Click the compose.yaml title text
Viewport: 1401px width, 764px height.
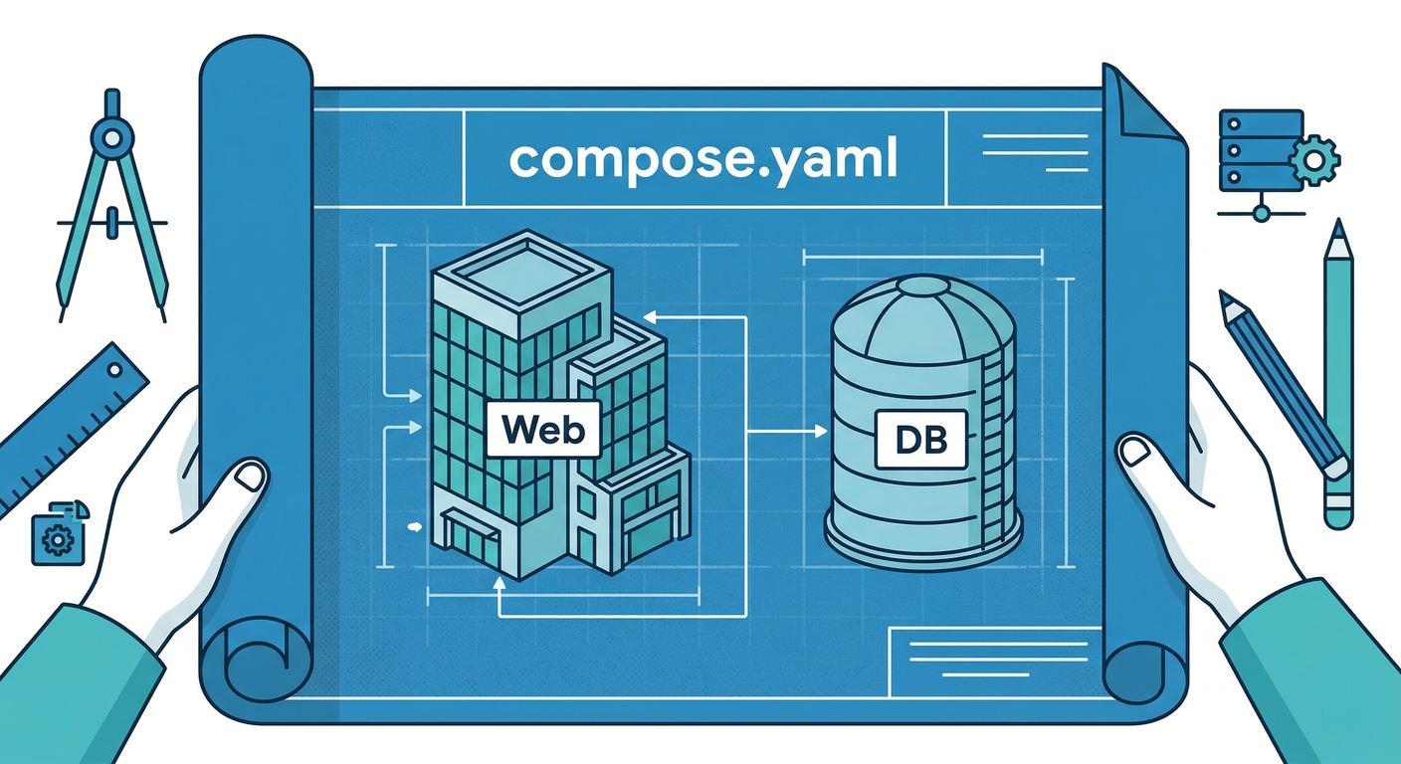point(703,158)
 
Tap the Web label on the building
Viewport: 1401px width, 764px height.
point(542,429)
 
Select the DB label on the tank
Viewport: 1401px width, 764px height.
point(920,439)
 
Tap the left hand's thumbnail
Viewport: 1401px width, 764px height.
point(250,477)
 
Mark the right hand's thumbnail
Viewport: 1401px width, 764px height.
point(1134,453)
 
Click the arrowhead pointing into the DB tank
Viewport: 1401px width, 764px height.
point(820,431)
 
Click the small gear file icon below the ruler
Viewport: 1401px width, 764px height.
point(55,536)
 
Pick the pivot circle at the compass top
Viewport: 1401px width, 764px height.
point(111,134)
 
